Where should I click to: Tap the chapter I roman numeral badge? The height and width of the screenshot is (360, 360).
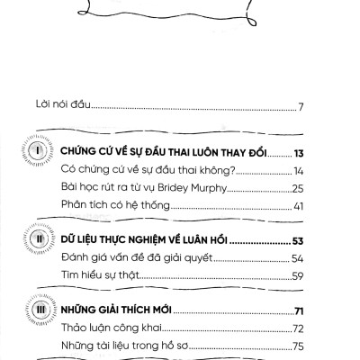click(x=40, y=152)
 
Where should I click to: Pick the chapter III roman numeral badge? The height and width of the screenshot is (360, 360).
click(x=40, y=310)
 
